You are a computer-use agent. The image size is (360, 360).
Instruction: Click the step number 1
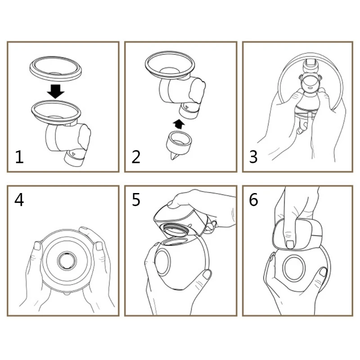tap(19, 157)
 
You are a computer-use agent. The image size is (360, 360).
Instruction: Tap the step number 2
tap(136, 157)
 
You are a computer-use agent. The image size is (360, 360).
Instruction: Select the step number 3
tap(254, 157)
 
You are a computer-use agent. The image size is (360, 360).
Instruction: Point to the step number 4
tap(19, 199)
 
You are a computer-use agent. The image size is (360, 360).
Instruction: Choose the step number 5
tap(136, 199)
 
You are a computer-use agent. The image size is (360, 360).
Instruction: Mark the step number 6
tap(254, 199)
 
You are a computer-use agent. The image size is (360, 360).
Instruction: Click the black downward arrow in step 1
tap(56, 92)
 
